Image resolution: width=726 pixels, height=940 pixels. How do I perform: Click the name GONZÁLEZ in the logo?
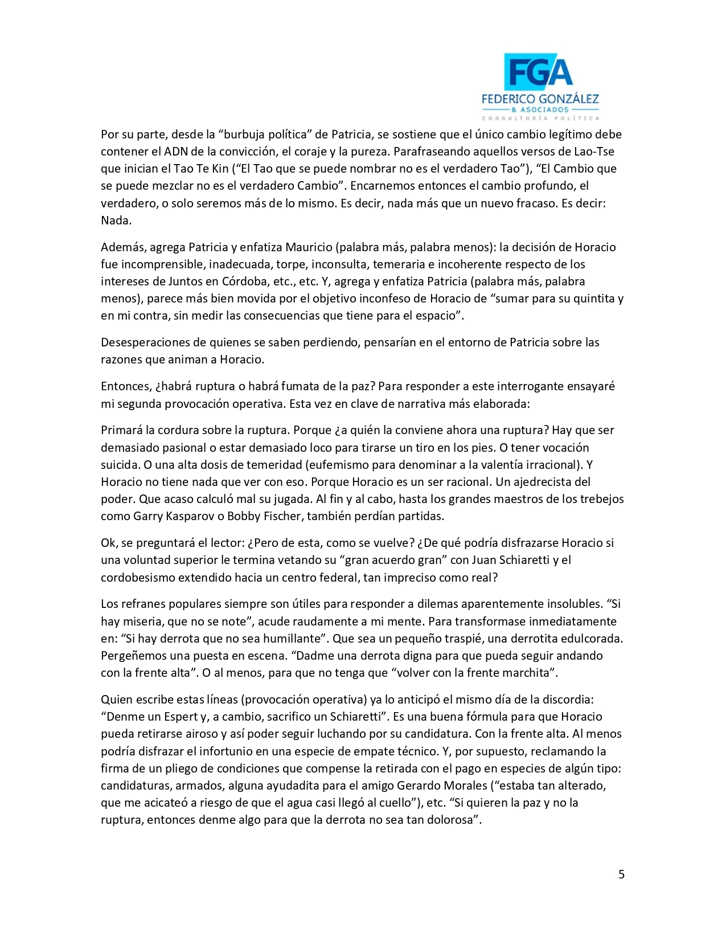(x=564, y=99)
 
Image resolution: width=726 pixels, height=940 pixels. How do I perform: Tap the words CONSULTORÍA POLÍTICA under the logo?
(x=540, y=118)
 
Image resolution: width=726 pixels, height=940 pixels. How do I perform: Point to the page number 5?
(x=621, y=874)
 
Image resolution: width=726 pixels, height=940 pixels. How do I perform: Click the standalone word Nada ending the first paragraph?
(x=116, y=220)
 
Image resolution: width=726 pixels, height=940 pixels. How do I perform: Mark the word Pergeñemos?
(x=134, y=656)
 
